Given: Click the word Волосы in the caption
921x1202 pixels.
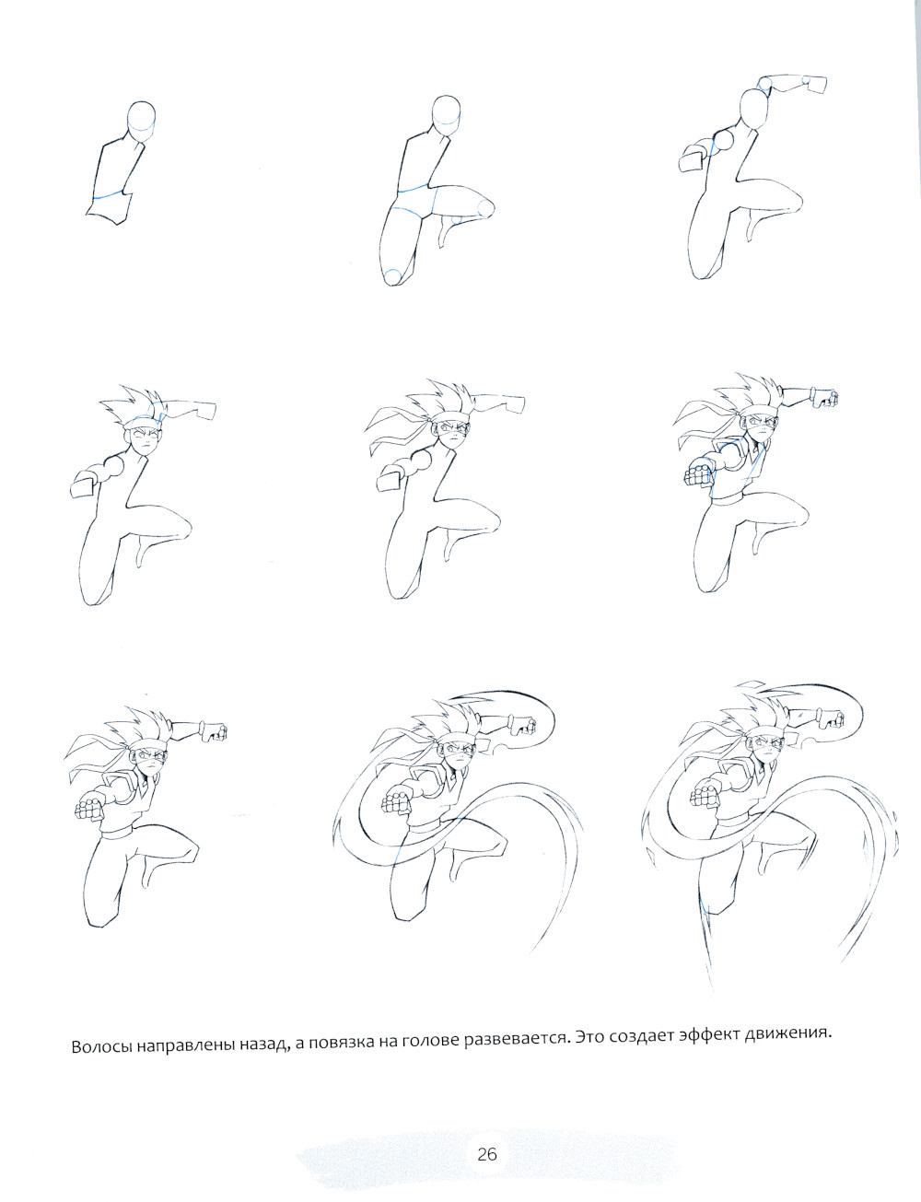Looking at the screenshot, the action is point(99,1046).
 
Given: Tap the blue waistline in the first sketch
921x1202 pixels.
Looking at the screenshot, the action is point(109,194).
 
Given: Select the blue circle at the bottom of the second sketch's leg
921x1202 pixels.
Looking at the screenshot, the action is point(393,276).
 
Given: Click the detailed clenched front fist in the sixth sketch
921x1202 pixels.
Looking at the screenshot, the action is point(699,472).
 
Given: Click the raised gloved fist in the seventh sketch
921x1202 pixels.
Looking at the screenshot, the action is point(215,730).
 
